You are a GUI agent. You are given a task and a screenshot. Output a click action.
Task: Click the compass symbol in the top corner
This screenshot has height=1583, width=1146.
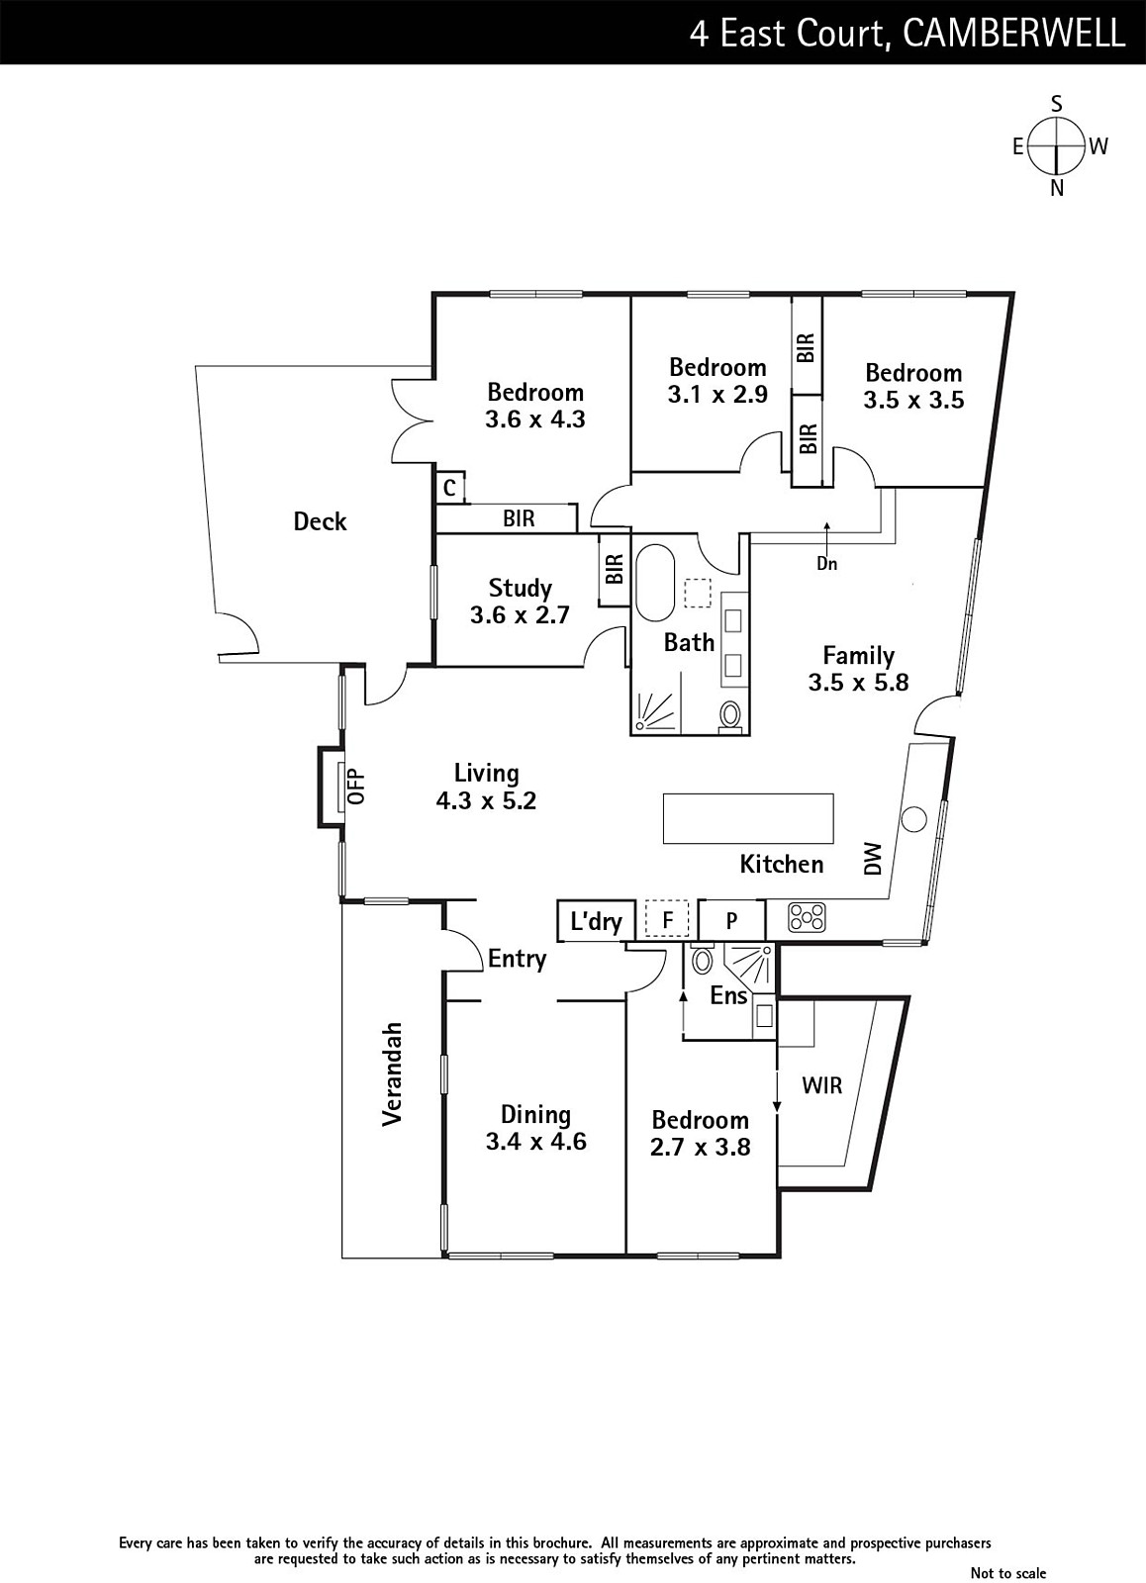click(x=1056, y=146)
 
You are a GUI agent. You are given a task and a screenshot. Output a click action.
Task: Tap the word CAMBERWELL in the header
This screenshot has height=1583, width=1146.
click(x=1013, y=33)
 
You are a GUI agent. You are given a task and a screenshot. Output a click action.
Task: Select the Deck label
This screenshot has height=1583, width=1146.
click(x=320, y=521)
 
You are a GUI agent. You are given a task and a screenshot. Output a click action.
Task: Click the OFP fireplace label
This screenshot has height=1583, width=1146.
click(x=357, y=786)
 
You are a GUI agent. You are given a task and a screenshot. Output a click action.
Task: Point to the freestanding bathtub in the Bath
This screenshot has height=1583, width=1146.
click(x=656, y=583)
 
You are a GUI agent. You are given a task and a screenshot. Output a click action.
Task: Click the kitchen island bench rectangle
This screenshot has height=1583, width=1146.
click(x=748, y=818)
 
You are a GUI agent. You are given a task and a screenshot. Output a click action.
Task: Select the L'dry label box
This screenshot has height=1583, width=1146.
click(x=596, y=921)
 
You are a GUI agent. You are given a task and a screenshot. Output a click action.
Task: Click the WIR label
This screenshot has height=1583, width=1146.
click(x=822, y=1084)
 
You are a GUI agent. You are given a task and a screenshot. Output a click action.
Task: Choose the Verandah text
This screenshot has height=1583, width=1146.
click(x=392, y=1073)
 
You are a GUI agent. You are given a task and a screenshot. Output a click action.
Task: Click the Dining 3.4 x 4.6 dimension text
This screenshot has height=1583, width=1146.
click(x=535, y=1142)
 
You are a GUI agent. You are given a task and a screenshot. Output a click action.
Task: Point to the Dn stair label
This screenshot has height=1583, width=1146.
click(x=826, y=563)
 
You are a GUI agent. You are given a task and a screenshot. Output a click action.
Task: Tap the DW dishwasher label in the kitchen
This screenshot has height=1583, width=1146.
click(x=874, y=859)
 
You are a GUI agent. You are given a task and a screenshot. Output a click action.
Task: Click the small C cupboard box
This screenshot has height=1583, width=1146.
click(x=450, y=488)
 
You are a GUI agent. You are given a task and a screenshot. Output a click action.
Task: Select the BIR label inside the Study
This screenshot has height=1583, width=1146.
click(x=615, y=569)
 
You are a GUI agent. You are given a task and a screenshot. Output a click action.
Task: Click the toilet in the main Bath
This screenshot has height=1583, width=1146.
click(x=729, y=715)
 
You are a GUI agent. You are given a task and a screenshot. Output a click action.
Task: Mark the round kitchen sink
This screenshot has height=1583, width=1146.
click(x=913, y=819)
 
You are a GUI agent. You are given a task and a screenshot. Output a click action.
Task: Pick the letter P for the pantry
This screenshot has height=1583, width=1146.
click(x=731, y=920)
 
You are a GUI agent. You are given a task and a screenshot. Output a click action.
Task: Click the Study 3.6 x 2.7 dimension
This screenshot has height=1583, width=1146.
click(x=520, y=614)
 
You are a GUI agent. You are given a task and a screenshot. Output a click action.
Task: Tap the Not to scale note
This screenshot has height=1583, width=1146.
click(x=1007, y=1572)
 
